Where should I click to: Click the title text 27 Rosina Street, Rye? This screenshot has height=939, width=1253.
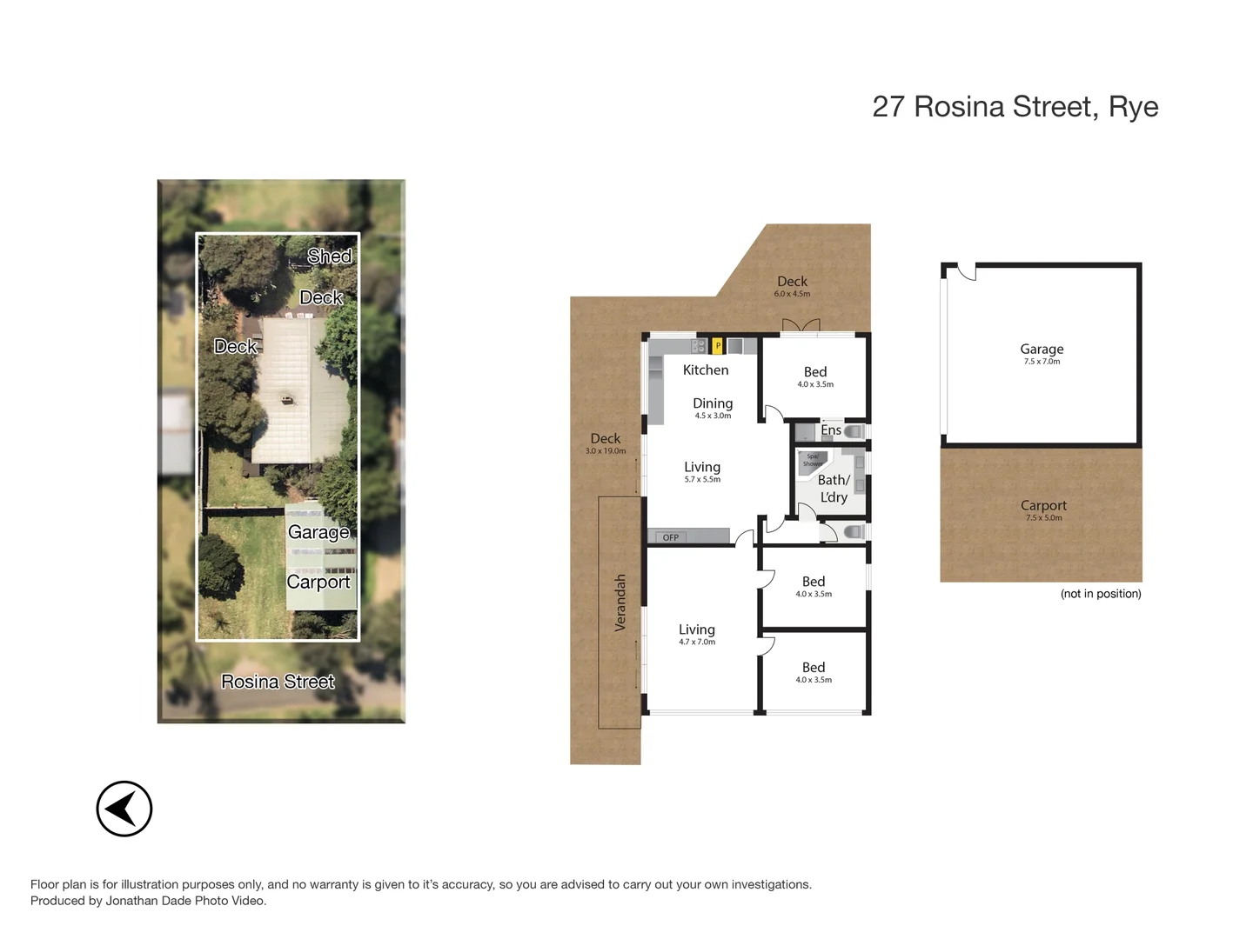point(1015,107)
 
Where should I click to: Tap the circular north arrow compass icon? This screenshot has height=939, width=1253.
point(124,809)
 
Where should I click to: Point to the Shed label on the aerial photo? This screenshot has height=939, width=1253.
point(329,256)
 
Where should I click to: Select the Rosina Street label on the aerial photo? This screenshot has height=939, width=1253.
point(278,682)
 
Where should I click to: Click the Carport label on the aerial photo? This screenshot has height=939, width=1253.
point(318,582)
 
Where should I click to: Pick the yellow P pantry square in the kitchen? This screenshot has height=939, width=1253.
point(718,346)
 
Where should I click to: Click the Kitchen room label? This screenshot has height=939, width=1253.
point(706,370)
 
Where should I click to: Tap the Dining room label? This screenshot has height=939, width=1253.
point(713,403)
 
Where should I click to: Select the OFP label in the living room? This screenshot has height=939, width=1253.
point(671,537)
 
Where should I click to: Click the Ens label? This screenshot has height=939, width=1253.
point(830,430)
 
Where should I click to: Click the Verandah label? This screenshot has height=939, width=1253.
point(620,603)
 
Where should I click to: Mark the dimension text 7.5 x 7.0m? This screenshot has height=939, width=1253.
point(1042,362)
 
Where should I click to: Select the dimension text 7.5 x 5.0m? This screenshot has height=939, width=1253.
point(1043,518)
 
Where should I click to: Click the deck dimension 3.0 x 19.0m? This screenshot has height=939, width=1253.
point(606,451)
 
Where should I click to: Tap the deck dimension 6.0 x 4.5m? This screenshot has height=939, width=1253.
point(792,294)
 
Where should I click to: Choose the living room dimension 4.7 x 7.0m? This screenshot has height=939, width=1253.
point(697,643)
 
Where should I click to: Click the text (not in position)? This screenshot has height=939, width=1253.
point(1101,594)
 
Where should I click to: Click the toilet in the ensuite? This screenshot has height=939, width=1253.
point(854,431)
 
